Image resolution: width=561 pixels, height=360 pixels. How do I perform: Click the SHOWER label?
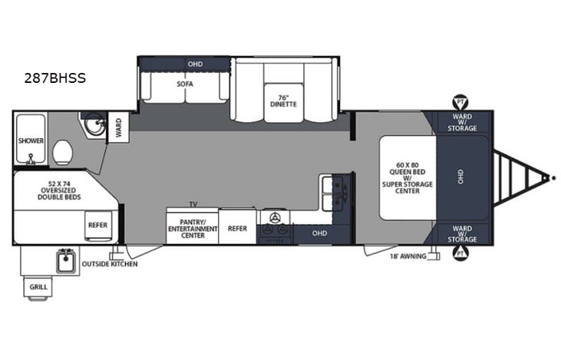(x=31, y=140)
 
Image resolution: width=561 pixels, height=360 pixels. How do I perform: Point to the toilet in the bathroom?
(x=63, y=151)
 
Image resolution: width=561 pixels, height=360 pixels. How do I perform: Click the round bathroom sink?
(x=94, y=125)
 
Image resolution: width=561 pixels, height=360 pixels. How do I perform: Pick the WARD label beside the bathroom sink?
(x=119, y=127)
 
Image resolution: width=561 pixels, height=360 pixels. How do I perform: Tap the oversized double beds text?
(x=53, y=191)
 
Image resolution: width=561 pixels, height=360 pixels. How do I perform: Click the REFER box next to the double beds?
(x=97, y=225)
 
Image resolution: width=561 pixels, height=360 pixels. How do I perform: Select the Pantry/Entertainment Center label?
(x=192, y=228)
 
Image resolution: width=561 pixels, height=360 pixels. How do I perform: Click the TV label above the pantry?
(x=193, y=205)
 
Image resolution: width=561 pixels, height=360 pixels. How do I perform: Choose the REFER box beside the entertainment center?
(x=237, y=228)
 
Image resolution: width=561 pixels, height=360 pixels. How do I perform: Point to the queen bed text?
(x=408, y=178)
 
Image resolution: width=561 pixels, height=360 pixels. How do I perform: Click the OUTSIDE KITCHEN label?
(x=110, y=265)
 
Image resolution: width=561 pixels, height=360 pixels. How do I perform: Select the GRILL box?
(x=38, y=287)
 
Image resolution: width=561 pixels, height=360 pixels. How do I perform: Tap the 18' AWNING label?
(x=408, y=257)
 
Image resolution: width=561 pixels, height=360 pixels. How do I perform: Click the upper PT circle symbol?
(x=460, y=102)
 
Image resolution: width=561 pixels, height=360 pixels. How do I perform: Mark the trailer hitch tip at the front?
(x=553, y=177)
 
